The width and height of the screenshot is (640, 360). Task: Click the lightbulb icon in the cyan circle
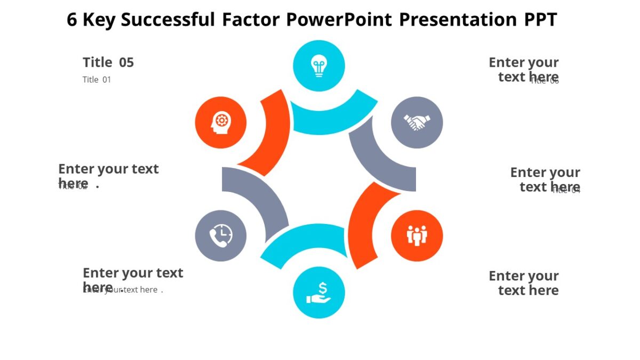tap(319, 66)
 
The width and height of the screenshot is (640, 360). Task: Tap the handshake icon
tap(417, 123)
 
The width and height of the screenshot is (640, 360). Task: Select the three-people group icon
tap(417, 235)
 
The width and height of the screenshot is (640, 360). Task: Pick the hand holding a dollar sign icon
tap(319, 292)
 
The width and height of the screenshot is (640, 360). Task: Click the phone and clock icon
tap(221, 235)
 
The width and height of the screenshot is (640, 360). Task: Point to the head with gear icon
tap(221, 123)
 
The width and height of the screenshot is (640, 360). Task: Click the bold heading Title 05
tap(108, 62)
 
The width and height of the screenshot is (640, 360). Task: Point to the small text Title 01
tap(97, 79)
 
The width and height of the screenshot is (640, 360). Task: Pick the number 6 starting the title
tap(72, 20)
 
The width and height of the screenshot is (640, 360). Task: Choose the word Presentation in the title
tap(458, 20)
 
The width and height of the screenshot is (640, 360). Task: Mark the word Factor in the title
tap(250, 20)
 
